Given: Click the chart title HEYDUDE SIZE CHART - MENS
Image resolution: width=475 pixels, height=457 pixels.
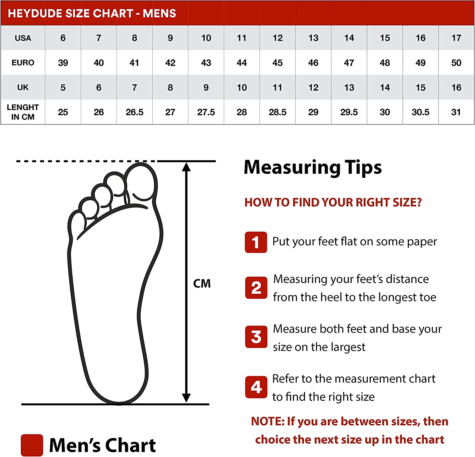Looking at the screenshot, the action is tap(92, 13).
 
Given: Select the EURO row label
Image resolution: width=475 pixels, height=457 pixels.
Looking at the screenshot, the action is tap(23, 63).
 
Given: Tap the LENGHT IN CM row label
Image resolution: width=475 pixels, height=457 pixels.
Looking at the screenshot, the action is tap(23, 112).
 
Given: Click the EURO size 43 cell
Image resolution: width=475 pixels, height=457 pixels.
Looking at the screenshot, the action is tap(206, 63).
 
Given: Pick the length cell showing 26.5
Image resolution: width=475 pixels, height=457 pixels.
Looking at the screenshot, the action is tap(134, 112).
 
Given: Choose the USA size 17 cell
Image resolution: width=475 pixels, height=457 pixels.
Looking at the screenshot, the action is tap(456, 38).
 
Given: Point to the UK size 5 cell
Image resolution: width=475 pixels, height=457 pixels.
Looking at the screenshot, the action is tap(63, 87).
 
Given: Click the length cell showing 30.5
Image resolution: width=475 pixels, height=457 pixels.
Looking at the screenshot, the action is tap(421, 112).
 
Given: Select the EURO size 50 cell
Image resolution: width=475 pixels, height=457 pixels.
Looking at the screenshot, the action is tap(456, 63).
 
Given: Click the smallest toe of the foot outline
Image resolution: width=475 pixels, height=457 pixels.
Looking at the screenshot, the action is tap(76, 225).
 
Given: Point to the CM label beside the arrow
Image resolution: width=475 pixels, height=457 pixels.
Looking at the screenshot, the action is tap(202, 283).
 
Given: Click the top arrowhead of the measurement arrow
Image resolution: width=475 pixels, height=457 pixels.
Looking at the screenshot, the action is tap(186, 167).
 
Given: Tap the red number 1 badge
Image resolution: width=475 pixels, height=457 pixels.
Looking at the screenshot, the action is tap(256, 242).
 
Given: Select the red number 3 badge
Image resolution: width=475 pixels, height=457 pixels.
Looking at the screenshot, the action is tap(256, 337).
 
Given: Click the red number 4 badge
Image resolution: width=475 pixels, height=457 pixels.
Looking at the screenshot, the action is tap(256, 387).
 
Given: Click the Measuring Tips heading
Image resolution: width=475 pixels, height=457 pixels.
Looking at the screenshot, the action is tap(313, 167).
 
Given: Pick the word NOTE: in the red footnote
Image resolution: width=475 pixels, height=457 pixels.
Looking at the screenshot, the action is tap(268, 422).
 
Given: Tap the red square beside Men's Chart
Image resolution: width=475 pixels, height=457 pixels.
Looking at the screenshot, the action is tap(32, 445).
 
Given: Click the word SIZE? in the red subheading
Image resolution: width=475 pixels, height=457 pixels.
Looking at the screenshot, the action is tap(407, 202).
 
